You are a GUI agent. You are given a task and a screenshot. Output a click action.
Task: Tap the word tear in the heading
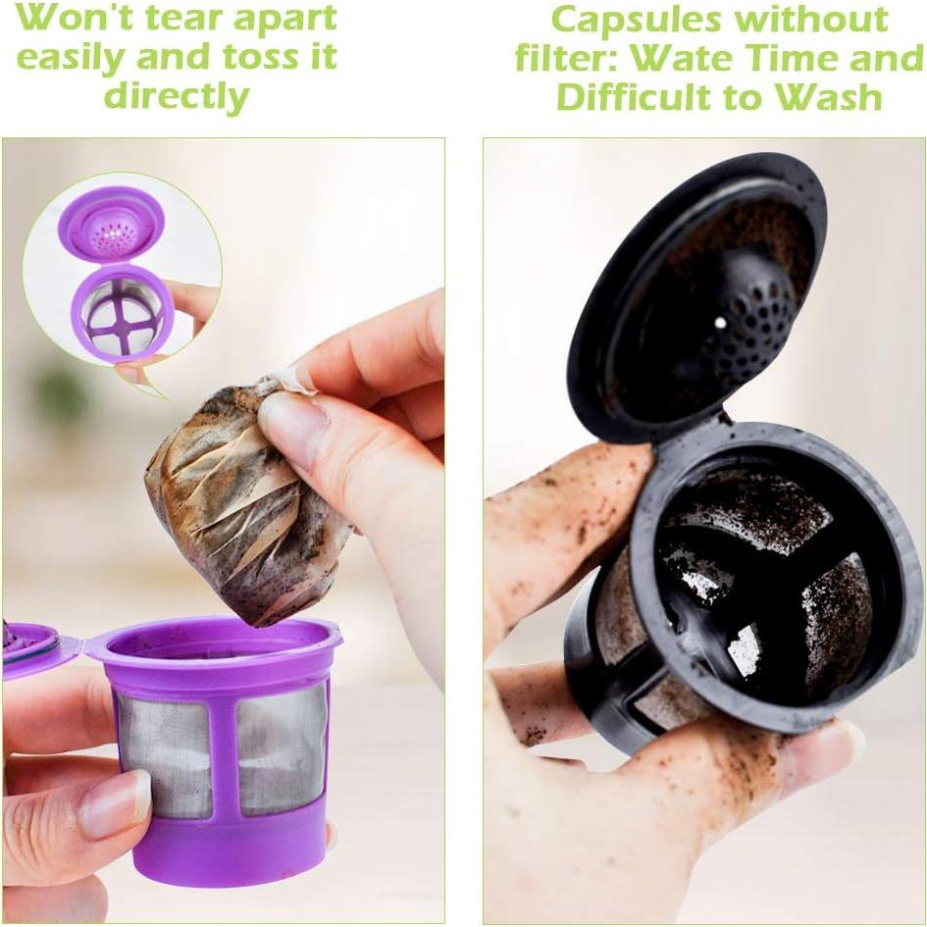point(201,19)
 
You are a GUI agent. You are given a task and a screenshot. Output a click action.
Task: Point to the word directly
point(177,96)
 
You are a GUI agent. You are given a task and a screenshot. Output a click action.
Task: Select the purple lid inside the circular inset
point(111,224)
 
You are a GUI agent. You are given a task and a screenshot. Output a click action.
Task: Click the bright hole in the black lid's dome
point(721,322)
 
